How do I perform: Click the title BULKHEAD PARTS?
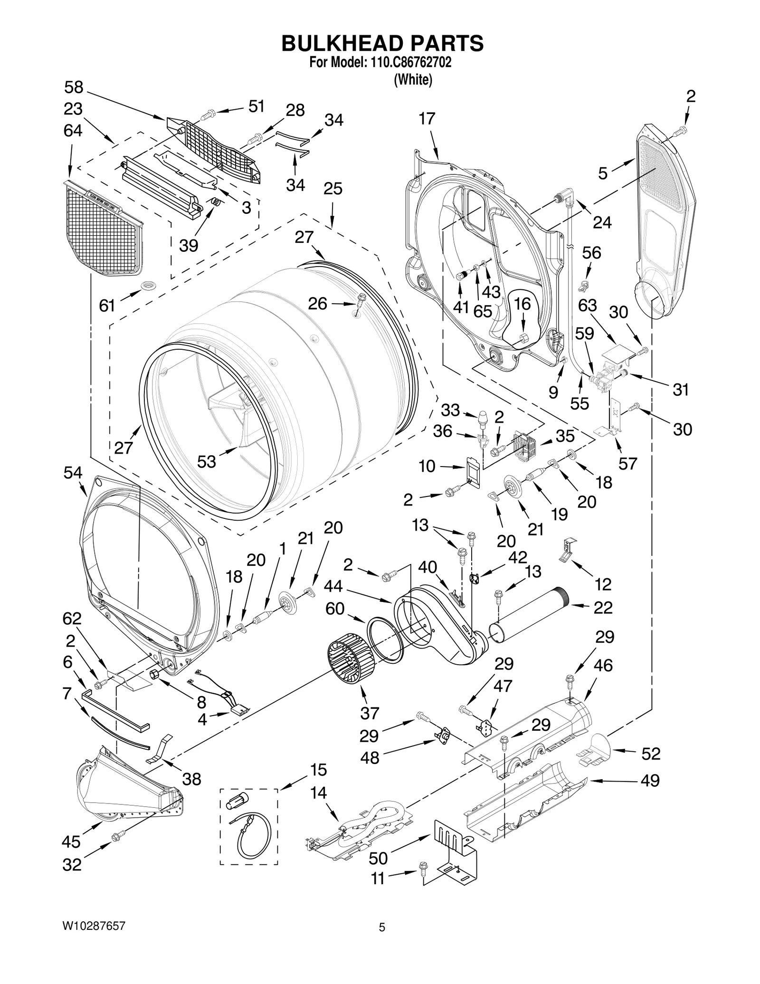pos(382,43)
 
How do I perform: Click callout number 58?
pos(74,87)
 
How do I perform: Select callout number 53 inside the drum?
pos(206,461)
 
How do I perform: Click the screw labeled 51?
pos(208,114)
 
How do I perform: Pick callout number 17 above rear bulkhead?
pos(427,119)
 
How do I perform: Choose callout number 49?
pos(650,781)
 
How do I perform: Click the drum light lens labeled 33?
pos(483,420)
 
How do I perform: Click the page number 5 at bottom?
pos(381,927)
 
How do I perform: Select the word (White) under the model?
pos(412,80)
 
